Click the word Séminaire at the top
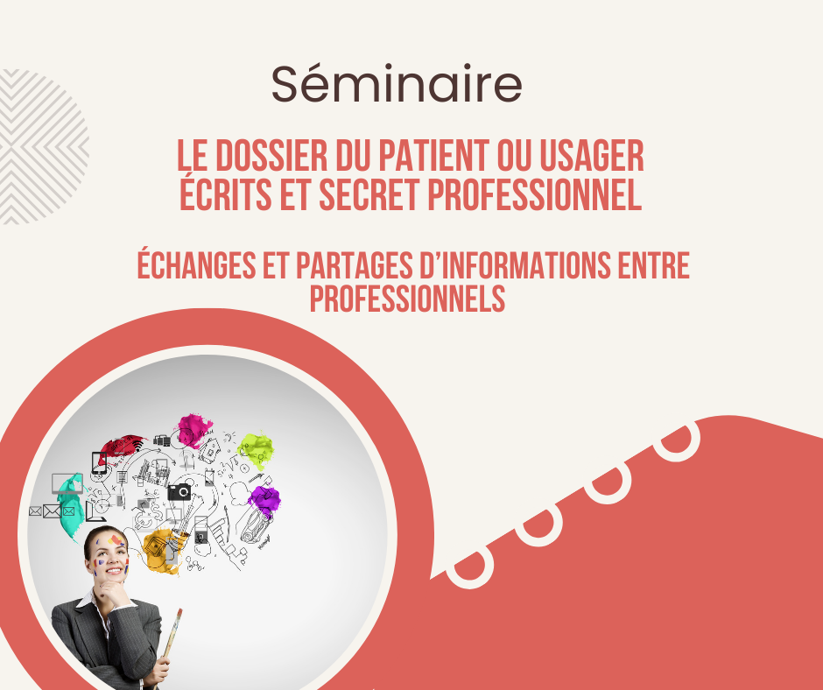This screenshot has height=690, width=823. coord(397,83)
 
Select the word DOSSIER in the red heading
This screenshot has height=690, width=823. coord(272,156)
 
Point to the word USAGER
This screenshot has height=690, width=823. coord(592,156)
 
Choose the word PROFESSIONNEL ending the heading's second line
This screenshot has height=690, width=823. coord(535,194)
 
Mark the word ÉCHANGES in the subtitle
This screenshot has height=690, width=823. coord(196,264)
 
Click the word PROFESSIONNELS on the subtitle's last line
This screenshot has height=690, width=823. coord(407,299)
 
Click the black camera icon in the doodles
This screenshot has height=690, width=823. coord(179,492)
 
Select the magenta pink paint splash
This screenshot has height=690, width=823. coord(194,431)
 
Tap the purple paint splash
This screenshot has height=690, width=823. coord(264,500)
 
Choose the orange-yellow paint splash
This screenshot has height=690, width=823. coord(162,550)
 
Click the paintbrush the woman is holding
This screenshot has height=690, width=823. coord(171,638)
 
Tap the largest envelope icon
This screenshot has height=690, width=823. coord(52,511)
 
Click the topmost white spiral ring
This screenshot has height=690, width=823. coord(679,441)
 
